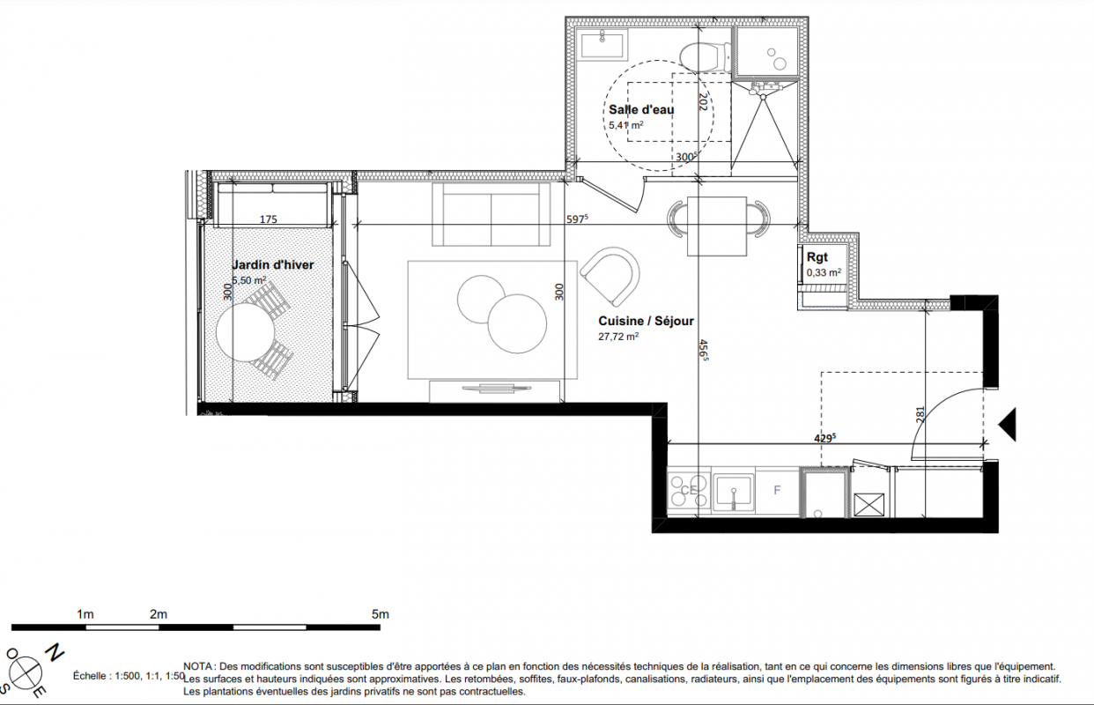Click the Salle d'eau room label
[x=641, y=109]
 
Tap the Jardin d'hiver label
[x=272, y=264]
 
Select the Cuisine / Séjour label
[x=647, y=321]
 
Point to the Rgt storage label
[x=817, y=257]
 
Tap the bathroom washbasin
[x=602, y=44]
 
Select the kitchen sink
[x=733, y=491]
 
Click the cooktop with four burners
[x=689, y=491]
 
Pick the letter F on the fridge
[x=777, y=490]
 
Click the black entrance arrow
[x=1008, y=424]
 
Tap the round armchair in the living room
[x=610, y=277]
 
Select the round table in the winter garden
[x=246, y=332]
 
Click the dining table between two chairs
[x=717, y=226]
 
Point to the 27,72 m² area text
[x=618, y=337]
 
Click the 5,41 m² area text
[x=625, y=125]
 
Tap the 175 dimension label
[x=268, y=219]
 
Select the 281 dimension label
[x=920, y=415]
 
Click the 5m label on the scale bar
[x=381, y=614]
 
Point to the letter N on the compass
[x=55, y=653]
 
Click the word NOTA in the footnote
[x=198, y=666]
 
